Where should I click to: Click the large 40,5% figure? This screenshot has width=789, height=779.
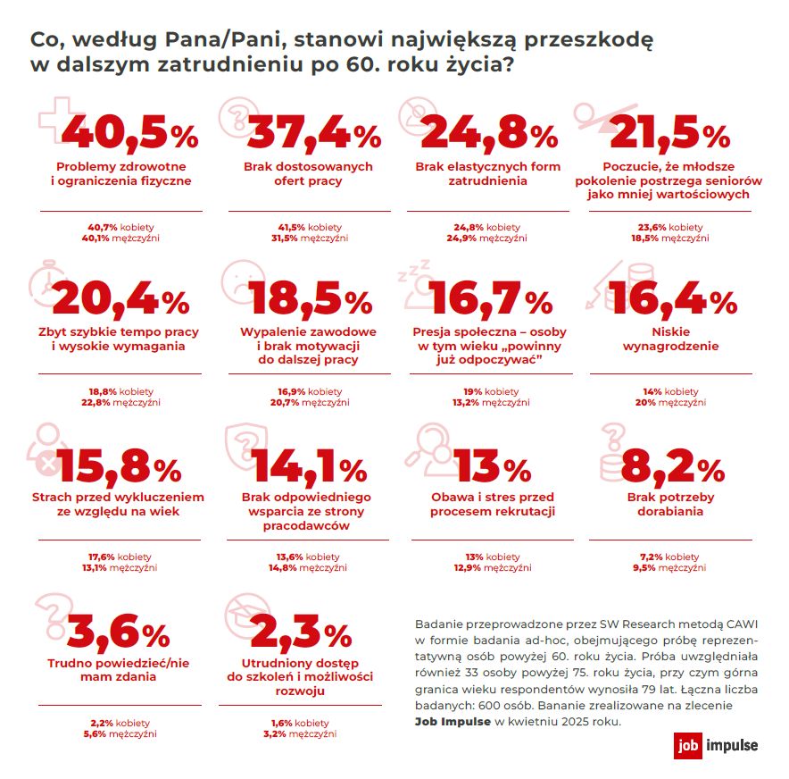(x=129, y=133)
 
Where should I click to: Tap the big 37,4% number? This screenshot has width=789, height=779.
(x=314, y=133)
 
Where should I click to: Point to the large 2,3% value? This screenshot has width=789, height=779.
(x=302, y=632)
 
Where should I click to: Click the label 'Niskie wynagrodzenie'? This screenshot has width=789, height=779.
(x=671, y=339)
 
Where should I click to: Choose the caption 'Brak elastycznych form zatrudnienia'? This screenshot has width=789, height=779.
(x=487, y=173)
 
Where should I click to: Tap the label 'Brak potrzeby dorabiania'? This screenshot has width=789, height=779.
(x=671, y=504)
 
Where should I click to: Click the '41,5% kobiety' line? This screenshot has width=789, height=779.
(x=310, y=227)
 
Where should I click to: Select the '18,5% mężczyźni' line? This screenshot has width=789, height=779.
(x=670, y=239)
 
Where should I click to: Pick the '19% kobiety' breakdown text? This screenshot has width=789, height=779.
(x=491, y=391)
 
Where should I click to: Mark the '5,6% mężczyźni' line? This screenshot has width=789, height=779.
(x=120, y=734)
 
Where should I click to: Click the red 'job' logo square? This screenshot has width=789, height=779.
(x=688, y=745)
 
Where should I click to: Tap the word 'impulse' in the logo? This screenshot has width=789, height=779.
(x=732, y=745)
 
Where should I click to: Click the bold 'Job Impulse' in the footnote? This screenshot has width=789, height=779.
(x=453, y=722)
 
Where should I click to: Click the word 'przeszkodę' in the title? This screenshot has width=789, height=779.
(x=589, y=40)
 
